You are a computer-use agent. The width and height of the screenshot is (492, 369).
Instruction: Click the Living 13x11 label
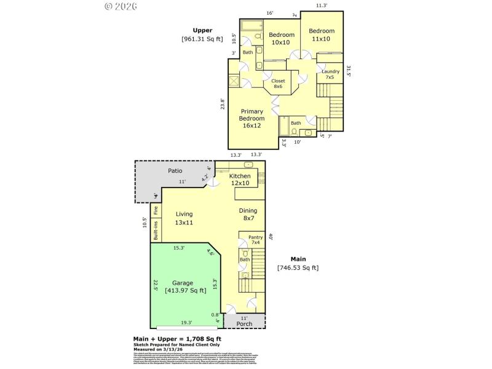pos(184,218)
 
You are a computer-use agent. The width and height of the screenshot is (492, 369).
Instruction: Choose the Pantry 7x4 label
pos(255,239)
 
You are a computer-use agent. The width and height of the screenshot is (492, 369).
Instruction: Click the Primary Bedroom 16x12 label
pos(252,118)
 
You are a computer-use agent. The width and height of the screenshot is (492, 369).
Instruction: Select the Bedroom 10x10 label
pos(282,39)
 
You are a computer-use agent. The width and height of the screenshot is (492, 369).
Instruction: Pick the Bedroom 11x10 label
pos(322,35)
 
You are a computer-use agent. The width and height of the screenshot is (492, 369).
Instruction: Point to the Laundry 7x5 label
pos(330,74)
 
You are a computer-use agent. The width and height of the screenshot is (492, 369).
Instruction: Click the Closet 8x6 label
pos(278,84)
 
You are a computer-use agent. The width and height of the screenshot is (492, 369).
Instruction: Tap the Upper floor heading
pos(202,30)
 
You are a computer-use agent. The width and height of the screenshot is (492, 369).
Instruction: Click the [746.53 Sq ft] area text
pos(298,268)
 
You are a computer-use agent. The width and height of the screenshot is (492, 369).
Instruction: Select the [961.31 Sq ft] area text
pos(202,39)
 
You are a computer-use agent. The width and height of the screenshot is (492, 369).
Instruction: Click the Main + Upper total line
pos(177,339)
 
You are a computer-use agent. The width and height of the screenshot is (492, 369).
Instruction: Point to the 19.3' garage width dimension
pos(186,322)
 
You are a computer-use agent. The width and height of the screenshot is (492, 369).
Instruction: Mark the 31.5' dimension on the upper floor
pos(348,72)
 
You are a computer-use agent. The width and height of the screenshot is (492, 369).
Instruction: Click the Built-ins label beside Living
pos(156,230)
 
